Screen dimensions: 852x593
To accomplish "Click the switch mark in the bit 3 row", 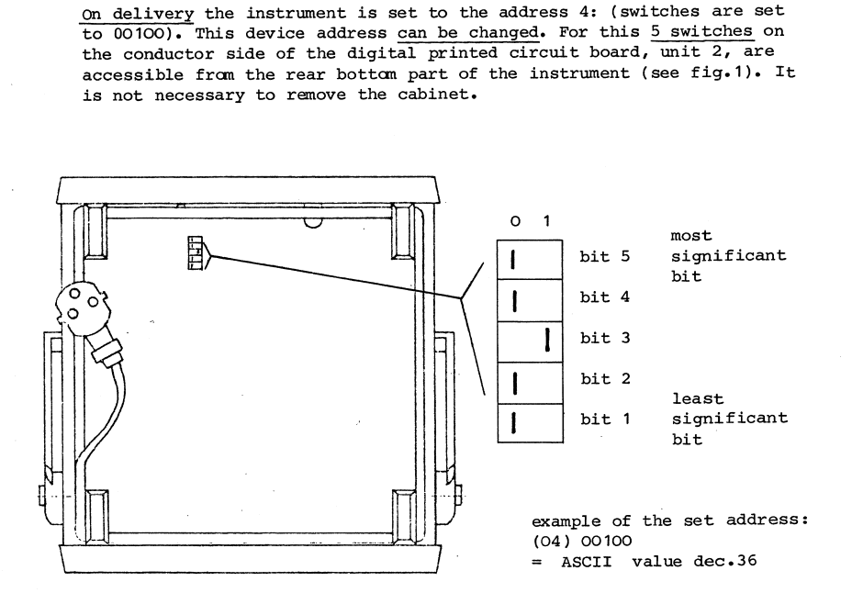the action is (x=547, y=340).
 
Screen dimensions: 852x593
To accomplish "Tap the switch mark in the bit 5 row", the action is (x=512, y=259).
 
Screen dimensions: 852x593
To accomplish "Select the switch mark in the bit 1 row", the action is (x=513, y=422).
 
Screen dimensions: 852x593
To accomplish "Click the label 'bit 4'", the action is (x=605, y=297).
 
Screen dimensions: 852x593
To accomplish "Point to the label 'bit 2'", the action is (x=605, y=378).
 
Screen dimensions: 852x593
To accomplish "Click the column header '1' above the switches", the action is (x=546, y=220).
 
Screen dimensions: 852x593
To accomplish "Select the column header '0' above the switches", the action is (x=515, y=221).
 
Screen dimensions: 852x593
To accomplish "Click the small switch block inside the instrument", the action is (x=195, y=252).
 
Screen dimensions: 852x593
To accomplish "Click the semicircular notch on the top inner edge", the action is (x=312, y=223).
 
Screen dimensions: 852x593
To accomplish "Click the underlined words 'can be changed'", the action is (x=468, y=32).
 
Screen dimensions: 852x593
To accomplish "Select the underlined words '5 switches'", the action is (x=701, y=31).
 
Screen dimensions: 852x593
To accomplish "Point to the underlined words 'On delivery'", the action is (x=137, y=14).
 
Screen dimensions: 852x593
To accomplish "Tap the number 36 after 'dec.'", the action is (x=746, y=560).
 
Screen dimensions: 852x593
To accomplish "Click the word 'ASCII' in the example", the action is (x=587, y=562).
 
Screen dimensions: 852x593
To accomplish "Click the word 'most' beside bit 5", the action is (x=690, y=236).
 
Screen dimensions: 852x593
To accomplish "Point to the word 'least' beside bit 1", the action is (x=698, y=398).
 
